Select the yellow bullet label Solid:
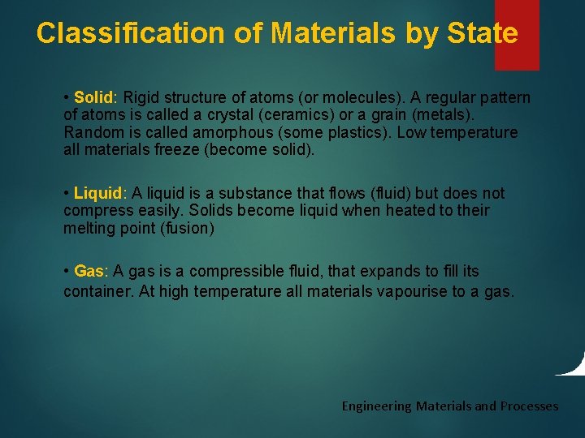[96, 98]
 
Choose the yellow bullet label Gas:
[92, 271]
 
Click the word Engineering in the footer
[376, 406]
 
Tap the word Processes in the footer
[529, 406]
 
